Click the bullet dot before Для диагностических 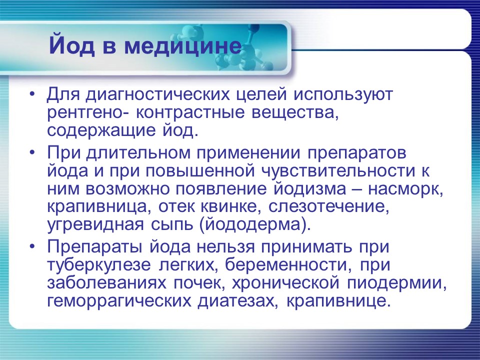tap(32, 94)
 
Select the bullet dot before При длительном tap(32, 151)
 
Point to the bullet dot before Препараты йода tap(32, 246)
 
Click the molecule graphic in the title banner tap(245, 50)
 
